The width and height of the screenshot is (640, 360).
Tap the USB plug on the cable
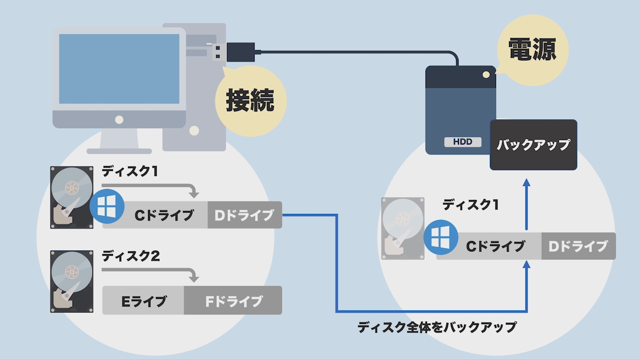pos(240,52)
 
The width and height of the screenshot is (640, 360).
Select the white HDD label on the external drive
pos(462,142)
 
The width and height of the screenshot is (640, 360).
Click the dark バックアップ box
pos(533,145)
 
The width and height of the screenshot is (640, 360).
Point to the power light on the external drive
pos(485,74)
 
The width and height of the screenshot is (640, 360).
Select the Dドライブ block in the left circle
pos(244,215)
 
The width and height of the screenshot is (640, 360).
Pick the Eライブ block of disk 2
pos(144,301)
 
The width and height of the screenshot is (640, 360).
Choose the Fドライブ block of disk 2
pos(233,301)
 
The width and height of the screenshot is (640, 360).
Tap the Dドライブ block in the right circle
pos(578,246)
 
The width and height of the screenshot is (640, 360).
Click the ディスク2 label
pos(130,256)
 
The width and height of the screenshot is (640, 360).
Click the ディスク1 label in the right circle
pos(470,204)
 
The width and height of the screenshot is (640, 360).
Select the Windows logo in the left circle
pos(107,206)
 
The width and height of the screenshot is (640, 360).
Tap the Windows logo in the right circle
pos(440,237)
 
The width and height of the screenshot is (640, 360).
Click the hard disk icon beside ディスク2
pos(72,281)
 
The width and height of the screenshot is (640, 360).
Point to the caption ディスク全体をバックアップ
pos(437,327)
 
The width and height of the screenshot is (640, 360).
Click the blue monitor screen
pos(119,68)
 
